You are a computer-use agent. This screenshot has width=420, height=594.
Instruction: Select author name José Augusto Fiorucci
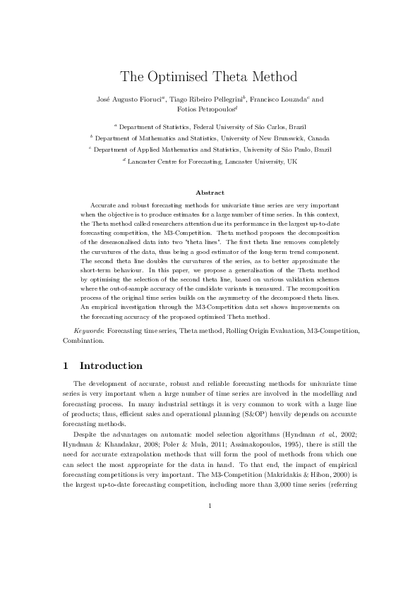[128, 99]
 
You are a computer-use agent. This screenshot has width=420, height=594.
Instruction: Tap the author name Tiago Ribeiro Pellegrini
[205, 99]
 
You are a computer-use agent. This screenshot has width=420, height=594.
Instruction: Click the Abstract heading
[210, 193]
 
